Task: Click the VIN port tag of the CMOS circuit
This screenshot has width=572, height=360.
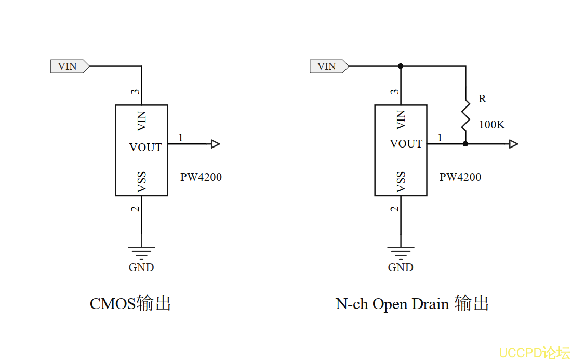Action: tap(69, 66)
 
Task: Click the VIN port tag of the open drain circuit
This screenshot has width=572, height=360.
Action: tap(328, 66)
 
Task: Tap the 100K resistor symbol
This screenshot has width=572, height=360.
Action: tap(465, 117)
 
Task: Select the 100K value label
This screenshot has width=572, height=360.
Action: tap(491, 125)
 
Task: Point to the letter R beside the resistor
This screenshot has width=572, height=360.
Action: tap(482, 99)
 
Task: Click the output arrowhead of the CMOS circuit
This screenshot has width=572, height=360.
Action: tap(216, 144)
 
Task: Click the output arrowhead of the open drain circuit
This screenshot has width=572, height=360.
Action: tap(513, 144)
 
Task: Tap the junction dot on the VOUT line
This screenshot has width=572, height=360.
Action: tap(465, 144)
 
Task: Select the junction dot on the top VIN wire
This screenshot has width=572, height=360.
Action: tap(401, 66)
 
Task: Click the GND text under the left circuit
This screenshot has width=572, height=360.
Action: tap(141, 268)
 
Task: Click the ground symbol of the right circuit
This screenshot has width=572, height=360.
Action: tap(401, 253)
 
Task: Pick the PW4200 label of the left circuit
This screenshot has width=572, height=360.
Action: tap(201, 177)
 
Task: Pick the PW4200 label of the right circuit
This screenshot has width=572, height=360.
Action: tap(460, 177)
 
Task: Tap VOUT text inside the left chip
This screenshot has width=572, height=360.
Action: tap(145, 148)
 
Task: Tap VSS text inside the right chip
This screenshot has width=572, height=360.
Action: tap(401, 182)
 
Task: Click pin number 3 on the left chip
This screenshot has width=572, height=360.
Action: tap(135, 92)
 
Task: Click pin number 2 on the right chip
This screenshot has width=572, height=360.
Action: tap(395, 209)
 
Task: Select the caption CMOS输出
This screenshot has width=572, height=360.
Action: tap(130, 303)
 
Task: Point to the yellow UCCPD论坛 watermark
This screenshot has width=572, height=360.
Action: tap(534, 353)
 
